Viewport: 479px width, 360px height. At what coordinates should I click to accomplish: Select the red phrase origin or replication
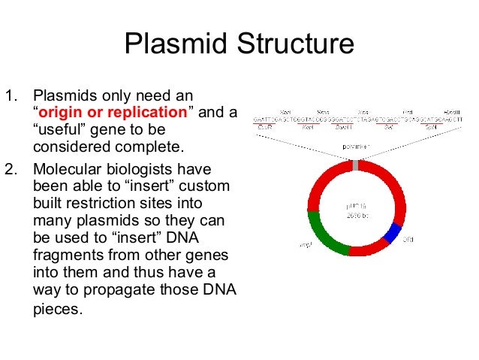[x=113, y=113]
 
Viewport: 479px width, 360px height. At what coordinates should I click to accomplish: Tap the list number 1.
[x=10, y=96]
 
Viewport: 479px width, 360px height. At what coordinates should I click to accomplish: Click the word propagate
[x=107, y=291]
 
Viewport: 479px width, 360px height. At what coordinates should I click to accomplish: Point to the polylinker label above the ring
[x=356, y=147]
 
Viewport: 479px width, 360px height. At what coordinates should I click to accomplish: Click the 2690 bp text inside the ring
[x=356, y=213]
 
